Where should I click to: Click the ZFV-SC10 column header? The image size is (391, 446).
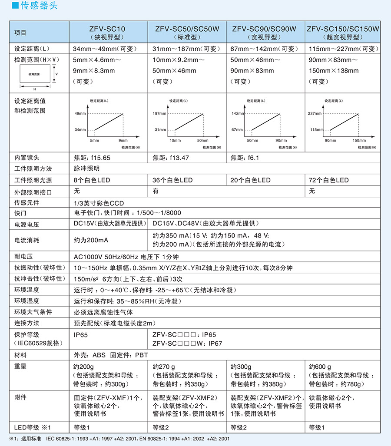(109, 32)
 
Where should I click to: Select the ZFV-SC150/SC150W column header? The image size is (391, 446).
(343, 32)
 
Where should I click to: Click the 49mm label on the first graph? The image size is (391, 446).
(81, 113)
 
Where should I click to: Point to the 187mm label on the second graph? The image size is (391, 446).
(159, 113)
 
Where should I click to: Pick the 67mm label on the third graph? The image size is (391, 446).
(237, 129)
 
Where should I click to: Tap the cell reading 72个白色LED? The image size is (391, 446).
(328, 180)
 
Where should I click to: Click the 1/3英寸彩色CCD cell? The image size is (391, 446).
(99, 203)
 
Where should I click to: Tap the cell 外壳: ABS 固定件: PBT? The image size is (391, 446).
(111, 355)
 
